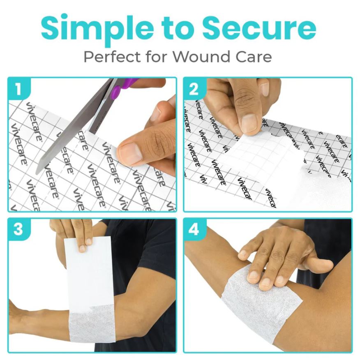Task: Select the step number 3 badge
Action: tap(18, 229)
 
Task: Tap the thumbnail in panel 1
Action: tap(131, 153)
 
